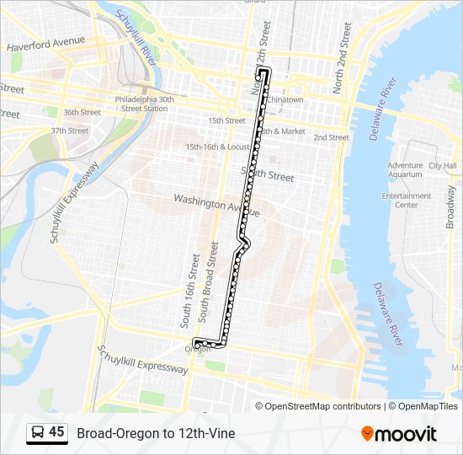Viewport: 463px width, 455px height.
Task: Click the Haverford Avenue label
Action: [x=45, y=41]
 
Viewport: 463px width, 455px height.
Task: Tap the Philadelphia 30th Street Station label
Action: [x=144, y=103]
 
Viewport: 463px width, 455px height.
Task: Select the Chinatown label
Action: [x=285, y=99]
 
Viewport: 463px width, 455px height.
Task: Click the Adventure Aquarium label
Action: [x=405, y=170]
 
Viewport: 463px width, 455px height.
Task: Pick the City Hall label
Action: [x=442, y=166]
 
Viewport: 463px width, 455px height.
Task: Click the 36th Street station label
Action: [x=82, y=112]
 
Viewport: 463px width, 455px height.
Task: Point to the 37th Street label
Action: [x=69, y=131]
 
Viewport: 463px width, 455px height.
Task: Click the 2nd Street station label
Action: [x=331, y=137]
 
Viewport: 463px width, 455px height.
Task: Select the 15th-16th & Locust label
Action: [x=218, y=147]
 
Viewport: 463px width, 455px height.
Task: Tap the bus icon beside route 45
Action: [x=37, y=433]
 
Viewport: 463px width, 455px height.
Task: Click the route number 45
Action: [x=56, y=432]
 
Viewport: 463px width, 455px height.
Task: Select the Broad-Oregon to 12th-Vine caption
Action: [x=156, y=434]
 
